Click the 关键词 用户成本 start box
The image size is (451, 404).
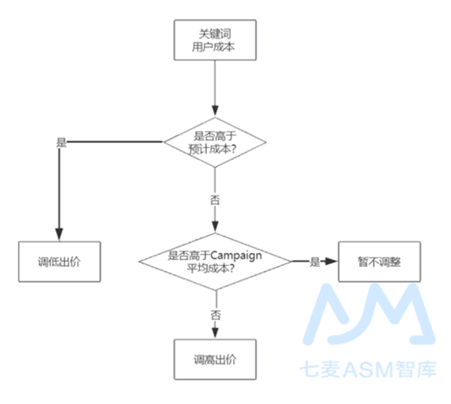214,40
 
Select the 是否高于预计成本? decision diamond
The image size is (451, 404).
214,142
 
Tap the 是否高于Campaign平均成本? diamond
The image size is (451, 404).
215,262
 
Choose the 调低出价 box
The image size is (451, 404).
59,262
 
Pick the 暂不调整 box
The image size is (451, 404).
379,262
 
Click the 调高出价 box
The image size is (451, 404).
214,359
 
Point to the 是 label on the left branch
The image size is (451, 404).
61,142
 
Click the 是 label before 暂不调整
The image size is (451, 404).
315,262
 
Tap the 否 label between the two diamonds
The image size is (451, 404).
215,200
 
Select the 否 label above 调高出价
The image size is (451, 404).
215,315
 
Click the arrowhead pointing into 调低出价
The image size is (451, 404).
59,235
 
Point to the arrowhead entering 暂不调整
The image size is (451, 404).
331,262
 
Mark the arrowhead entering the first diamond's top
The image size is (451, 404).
214,111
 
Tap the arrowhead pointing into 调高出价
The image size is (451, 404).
215,334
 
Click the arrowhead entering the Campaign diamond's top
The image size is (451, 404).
214,227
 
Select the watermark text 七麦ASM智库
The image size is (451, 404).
368,369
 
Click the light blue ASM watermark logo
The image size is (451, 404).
369,314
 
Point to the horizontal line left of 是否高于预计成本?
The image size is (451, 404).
114,141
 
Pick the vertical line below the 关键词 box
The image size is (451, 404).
214,83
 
